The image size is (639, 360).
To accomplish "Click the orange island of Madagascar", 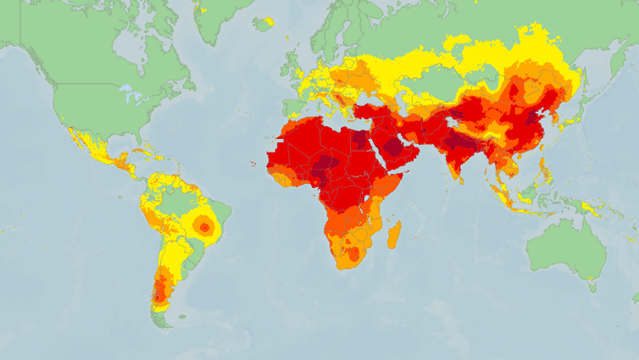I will click(x=393, y=234).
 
